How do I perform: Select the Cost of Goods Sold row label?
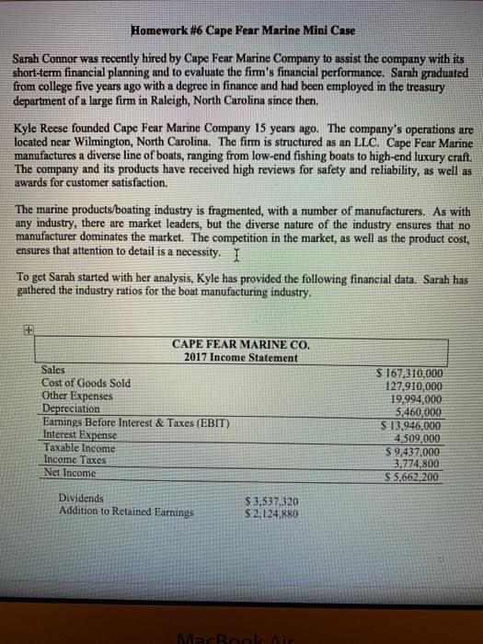[x=86, y=384]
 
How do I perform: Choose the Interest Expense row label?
[x=80, y=435]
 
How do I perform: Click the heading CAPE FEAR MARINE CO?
[x=241, y=344]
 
